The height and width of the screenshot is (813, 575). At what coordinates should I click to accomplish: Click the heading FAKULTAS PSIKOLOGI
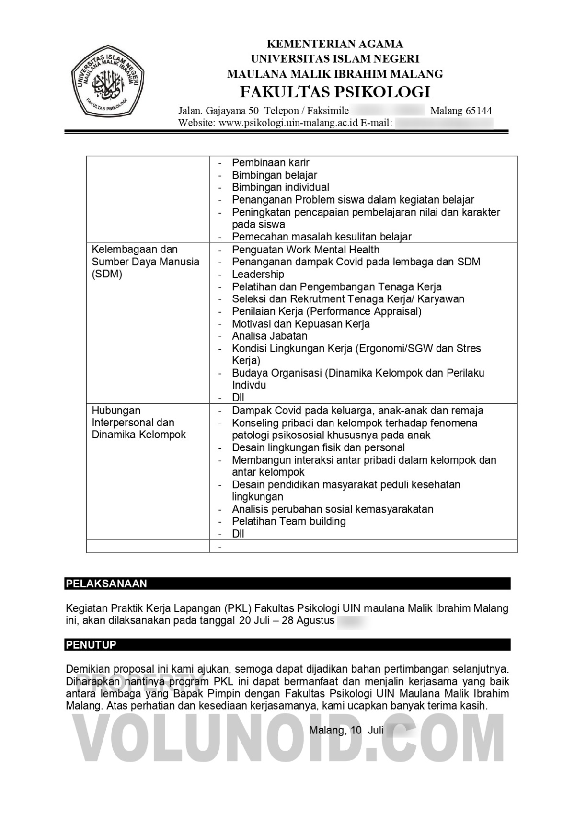point(334,92)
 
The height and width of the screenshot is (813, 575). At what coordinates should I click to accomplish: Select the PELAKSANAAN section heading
point(106,584)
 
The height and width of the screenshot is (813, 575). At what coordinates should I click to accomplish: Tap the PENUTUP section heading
point(91,644)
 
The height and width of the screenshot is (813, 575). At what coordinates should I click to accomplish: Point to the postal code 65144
point(478,111)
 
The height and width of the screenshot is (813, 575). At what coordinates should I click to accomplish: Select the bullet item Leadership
point(258,275)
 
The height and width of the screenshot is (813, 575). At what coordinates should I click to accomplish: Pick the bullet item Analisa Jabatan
point(269,336)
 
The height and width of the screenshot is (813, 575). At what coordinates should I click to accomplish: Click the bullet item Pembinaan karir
point(270,163)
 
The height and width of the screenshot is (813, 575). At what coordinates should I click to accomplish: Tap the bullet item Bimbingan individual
point(280,187)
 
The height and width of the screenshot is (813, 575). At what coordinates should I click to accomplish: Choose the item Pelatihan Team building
point(288,521)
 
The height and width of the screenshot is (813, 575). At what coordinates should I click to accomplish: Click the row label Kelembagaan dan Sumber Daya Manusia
point(145,262)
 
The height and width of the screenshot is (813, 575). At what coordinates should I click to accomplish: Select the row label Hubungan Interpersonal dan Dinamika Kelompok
point(138,423)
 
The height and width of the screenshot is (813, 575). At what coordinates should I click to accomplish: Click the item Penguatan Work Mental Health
point(305,250)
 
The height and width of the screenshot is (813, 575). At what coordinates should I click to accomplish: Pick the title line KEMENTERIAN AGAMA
point(334,44)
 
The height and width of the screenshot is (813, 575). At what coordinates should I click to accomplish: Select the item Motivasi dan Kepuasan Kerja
point(300,324)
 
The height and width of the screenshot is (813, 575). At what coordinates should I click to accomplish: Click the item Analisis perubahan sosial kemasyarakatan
point(332,509)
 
